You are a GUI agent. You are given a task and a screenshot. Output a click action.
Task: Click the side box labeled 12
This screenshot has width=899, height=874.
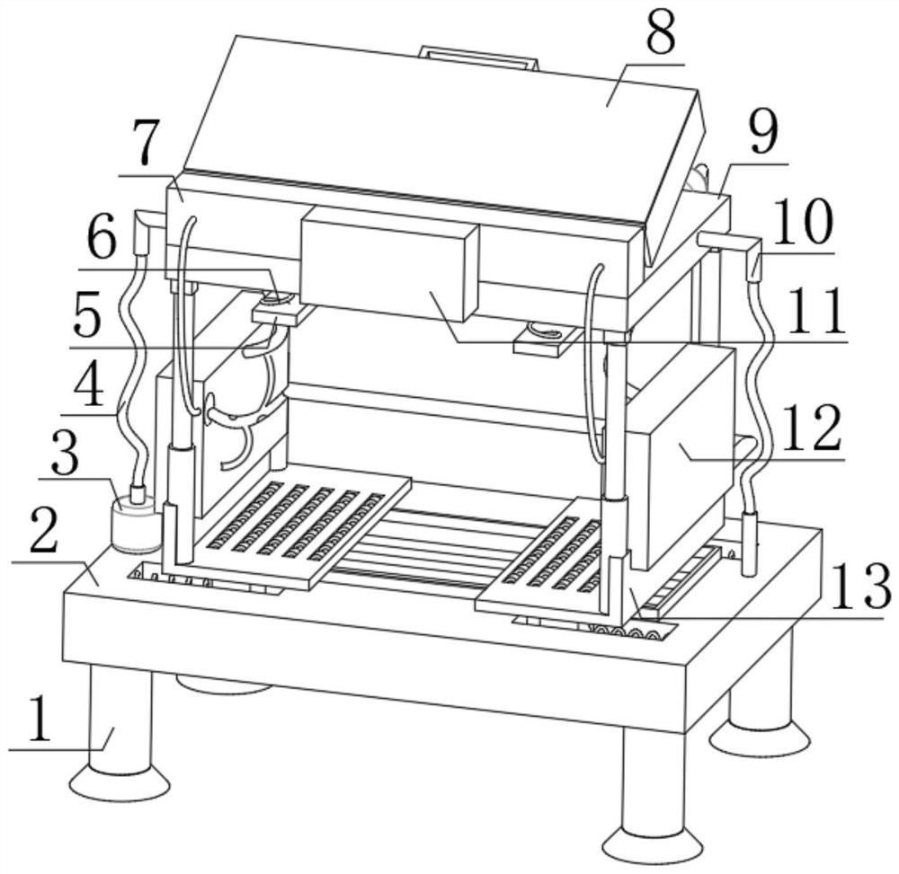(x=681, y=458)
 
